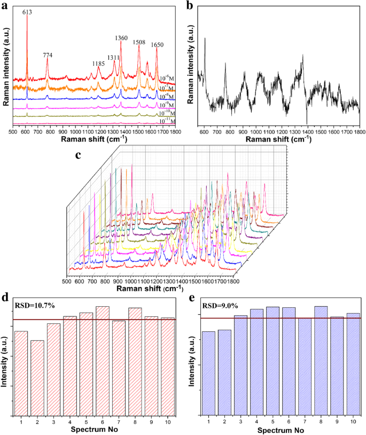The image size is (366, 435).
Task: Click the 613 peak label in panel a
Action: click(27, 12)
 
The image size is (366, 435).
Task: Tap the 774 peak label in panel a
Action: click(48, 55)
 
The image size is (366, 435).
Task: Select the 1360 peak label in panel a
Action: click(121, 38)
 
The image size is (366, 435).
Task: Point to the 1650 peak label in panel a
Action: click(157, 45)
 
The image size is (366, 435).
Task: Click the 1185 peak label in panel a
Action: click(98, 64)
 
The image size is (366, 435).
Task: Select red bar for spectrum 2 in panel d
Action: click(37, 377)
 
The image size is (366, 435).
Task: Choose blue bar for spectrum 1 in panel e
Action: click(208, 372)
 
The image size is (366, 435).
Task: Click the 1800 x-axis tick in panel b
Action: click(359, 130)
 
